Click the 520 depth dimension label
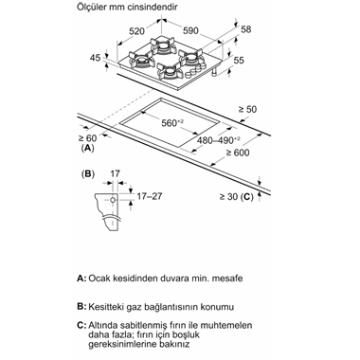[136, 31]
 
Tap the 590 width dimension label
[190, 30]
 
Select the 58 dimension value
[245, 29]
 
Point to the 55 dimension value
[240, 60]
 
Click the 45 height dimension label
[95, 58]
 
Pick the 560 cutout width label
[172, 123]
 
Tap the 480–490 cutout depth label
[219, 140]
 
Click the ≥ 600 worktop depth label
[238, 153]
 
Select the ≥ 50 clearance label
[247, 109]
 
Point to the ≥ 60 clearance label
[87, 138]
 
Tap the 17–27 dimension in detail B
[149, 196]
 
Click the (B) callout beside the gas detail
[88, 174]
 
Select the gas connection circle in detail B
[113, 200]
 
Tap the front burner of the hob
[170, 72]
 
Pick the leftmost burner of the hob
[139, 60]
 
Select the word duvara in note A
[174, 279]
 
